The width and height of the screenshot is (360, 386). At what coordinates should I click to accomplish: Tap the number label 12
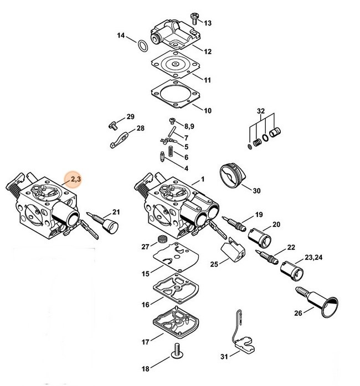tap(208, 52)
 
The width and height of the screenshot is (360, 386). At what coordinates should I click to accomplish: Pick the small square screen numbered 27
tap(162, 239)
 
